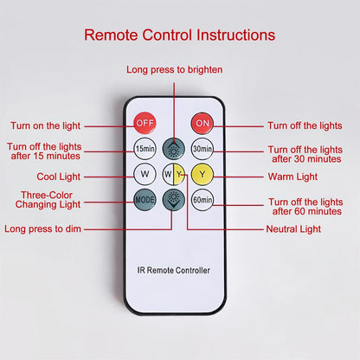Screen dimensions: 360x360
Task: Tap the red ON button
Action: click(202, 123)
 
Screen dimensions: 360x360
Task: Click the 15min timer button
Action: click(145, 149)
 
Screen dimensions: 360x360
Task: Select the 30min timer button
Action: click(202, 149)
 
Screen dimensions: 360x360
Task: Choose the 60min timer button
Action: click(202, 200)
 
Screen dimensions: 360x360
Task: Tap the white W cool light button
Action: click(145, 174)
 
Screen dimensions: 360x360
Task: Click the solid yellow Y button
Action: click(202, 174)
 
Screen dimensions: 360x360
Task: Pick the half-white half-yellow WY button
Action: click(173, 174)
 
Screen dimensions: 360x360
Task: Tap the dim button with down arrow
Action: click(173, 200)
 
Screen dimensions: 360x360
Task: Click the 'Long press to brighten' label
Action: click(175, 70)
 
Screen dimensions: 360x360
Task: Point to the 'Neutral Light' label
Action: click(293, 229)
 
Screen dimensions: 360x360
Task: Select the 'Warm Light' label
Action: click(292, 177)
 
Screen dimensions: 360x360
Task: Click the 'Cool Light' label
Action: click(59, 177)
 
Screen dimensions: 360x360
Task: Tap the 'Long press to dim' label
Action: click(42, 228)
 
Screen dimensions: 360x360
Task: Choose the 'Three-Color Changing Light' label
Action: click(48, 200)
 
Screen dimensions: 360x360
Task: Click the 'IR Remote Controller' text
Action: click(173, 270)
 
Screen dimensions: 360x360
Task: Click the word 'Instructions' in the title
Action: click(236, 35)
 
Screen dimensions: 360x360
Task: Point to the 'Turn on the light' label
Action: click(46, 125)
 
